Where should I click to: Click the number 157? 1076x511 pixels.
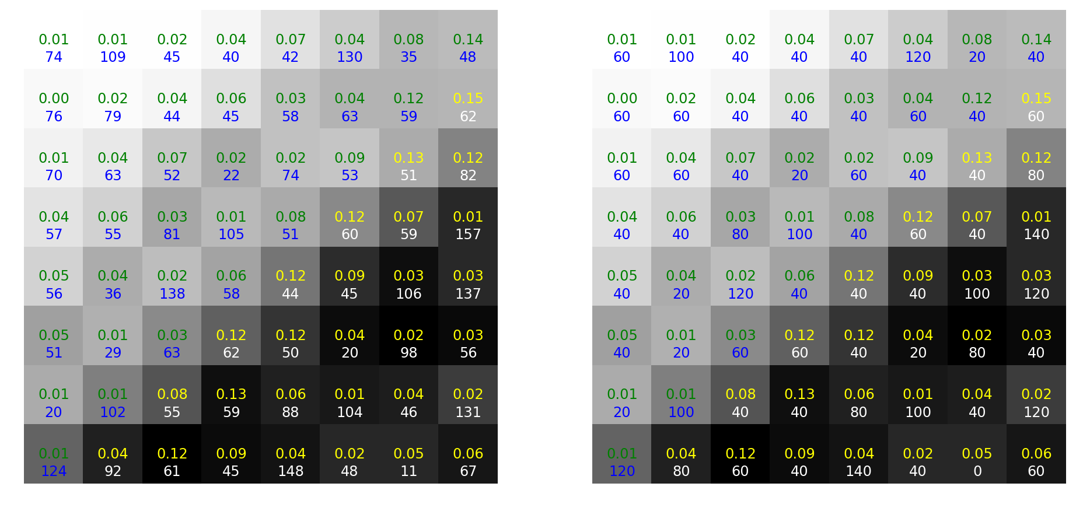click(468, 235)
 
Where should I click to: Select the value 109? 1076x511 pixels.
click(113, 57)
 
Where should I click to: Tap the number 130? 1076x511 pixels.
click(350, 57)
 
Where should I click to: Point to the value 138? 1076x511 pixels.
click(172, 294)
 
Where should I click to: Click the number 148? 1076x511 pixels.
click(291, 471)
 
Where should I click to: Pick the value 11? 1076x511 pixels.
click(408, 471)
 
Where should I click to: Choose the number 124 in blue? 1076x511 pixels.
click(54, 471)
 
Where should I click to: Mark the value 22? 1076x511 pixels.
click(231, 176)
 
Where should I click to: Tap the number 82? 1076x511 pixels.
click(468, 176)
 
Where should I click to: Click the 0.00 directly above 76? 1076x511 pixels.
click(54, 99)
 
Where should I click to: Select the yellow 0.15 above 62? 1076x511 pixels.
click(468, 99)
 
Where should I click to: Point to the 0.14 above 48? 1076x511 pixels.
click(468, 40)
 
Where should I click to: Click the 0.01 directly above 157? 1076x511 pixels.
click(468, 217)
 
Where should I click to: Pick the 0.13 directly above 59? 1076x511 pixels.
click(231, 394)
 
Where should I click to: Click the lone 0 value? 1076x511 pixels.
click(977, 471)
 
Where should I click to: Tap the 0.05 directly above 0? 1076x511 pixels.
click(977, 454)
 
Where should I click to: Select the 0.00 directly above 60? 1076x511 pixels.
click(622, 99)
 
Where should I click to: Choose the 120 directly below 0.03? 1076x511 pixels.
click(1036, 294)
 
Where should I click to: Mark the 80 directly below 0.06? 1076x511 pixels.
click(859, 412)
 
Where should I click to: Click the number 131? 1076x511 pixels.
click(468, 412)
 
